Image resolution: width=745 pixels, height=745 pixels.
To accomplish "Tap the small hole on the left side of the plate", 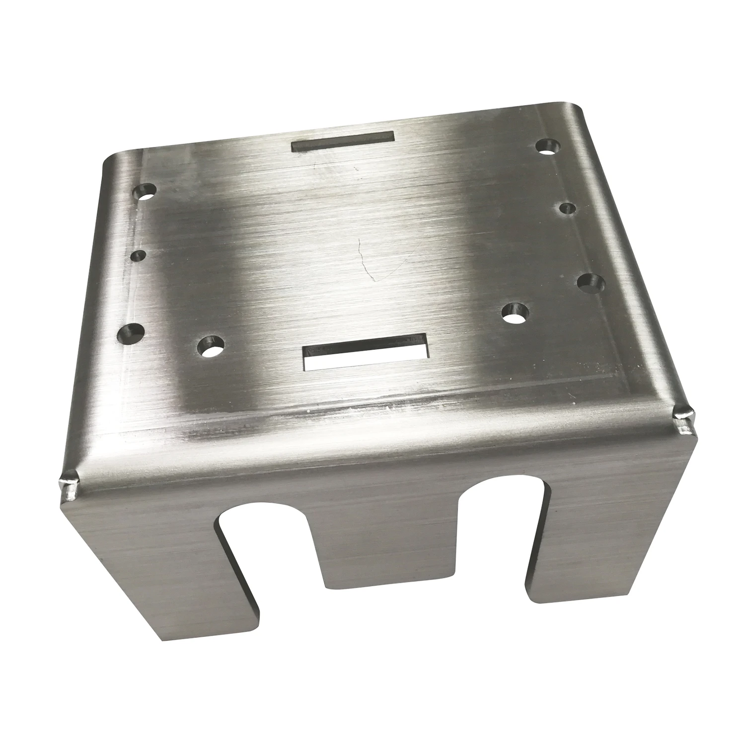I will [138, 256].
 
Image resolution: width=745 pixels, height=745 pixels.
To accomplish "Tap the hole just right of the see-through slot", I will [514, 312].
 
